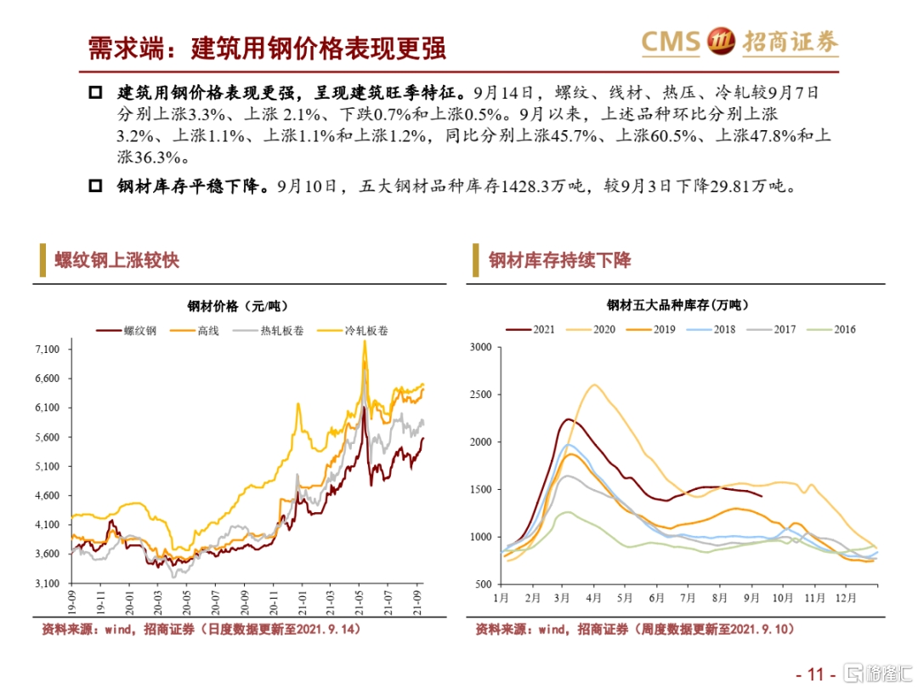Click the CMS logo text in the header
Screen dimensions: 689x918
[670, 40]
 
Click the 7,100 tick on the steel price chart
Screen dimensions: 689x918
[48, 350]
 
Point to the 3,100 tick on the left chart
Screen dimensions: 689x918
[48, 584]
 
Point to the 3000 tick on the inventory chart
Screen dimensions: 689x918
[481, 347]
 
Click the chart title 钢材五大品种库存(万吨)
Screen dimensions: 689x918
[671, 305]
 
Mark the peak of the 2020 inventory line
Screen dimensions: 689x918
[593, 384]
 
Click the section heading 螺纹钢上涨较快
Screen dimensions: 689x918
[116, 260]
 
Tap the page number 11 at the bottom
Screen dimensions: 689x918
[816, 675]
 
